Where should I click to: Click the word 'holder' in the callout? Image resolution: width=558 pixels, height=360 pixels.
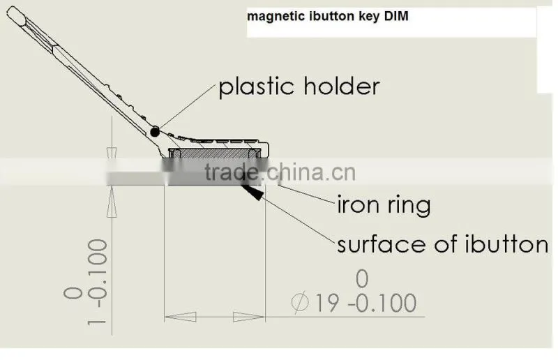pyautogui.click(x=342, y=87)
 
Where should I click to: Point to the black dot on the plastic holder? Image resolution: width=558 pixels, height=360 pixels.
pyautogui.click(x=154, y=132)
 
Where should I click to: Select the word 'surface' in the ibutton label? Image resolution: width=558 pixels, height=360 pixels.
pyautogui.click(x=382, y=244)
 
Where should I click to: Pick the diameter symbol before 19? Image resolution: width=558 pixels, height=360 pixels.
pyautogui.click(x=300, y=303)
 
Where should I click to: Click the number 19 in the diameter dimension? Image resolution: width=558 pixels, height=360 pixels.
pyautogui.click(x=326, y=303)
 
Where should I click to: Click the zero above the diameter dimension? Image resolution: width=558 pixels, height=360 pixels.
pyautogui.click(x=362, y=279)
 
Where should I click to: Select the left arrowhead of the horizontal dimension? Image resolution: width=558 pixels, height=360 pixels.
pyautogui.click(x=181, y=317)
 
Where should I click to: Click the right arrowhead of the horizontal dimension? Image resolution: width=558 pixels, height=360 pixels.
pyautogui.click(x=249, y=317)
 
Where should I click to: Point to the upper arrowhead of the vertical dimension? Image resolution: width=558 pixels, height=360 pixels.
pyautogui.click(x=112, y=152)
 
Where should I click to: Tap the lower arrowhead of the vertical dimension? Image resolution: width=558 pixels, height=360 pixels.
pyautogui.click(x=112, y=202)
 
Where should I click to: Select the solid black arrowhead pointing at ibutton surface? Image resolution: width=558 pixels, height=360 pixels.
pyautogui.click(x=253, y=192)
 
